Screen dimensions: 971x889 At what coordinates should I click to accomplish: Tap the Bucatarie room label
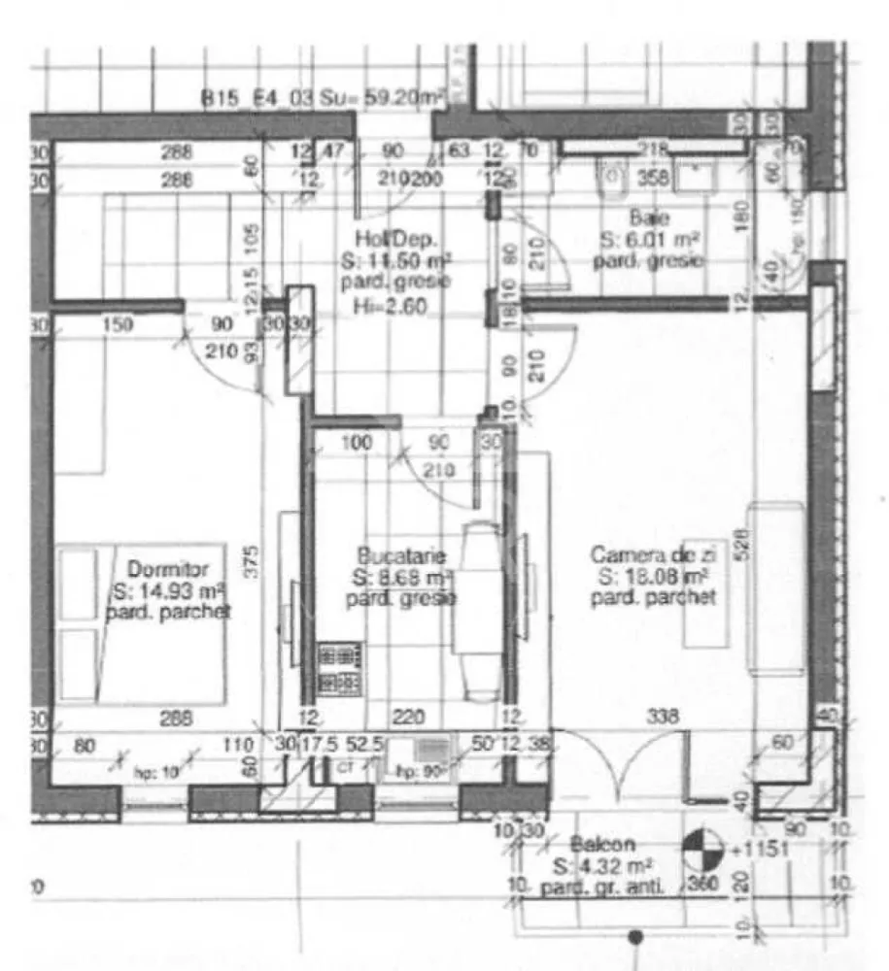(x=401, y=556)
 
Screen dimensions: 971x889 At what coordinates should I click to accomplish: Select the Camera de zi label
(x=653, y=554)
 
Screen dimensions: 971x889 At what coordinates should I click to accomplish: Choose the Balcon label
(x=602, y=844)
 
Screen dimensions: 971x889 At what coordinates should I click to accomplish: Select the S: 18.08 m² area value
(x=656, y=576)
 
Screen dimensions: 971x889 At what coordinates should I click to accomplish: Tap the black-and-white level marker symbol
(x=702, y=852)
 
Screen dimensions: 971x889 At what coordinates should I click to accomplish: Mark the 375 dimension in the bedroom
(x=251, y=562)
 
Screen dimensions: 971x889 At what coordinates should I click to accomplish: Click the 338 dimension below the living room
(x=665, y=718)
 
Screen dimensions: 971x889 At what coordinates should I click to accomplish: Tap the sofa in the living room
(x=774, y=588)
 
